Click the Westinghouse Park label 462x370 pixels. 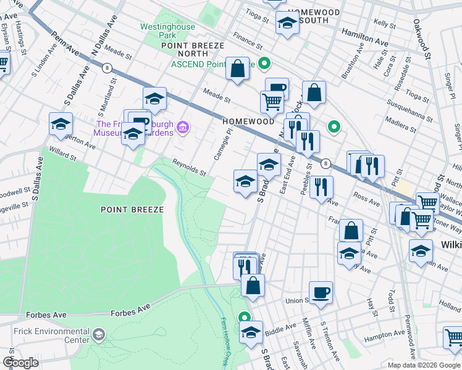tap(167, 31)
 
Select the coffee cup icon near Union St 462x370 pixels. tap(320, 292)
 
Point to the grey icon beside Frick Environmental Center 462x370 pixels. tap(98, 335)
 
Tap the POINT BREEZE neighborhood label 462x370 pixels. tap(132, 210)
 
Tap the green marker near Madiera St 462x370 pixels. tap(334, 127)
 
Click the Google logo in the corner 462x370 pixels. tap(20, 363)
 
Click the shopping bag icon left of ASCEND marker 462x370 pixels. tap(237, 69)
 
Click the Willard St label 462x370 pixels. tap(63, 154)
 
